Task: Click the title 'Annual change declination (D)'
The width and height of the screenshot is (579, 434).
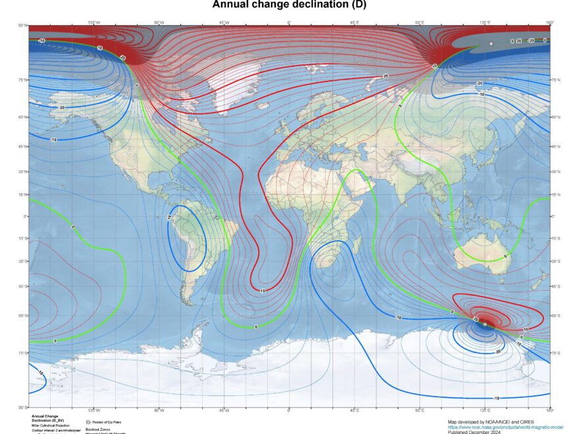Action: pos(289,5)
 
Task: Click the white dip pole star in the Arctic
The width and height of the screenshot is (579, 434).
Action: pos(491,43)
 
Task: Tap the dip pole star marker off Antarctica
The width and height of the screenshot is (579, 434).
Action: pos(485,324)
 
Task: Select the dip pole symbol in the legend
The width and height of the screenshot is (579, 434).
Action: pos(88,421)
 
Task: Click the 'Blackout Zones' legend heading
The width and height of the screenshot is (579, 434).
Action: pos(97,428)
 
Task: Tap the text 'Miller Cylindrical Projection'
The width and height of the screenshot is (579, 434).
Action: pos(49,426)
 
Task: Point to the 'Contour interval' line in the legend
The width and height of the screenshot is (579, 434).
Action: pos(53,431)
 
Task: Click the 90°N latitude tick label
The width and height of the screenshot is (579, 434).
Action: pos(22,26)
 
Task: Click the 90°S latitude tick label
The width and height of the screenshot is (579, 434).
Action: pos(22,407)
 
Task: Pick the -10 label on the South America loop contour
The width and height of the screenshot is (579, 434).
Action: pos(169,217)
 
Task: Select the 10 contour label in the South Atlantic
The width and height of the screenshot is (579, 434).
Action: pos(263,290)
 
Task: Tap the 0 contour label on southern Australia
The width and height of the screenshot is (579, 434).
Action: pos(505,256)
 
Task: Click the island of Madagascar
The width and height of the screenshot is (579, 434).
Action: pos(357,245)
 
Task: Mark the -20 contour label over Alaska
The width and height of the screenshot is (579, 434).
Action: pos(62,107)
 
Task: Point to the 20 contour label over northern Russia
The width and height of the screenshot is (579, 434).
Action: pos(386,76)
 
